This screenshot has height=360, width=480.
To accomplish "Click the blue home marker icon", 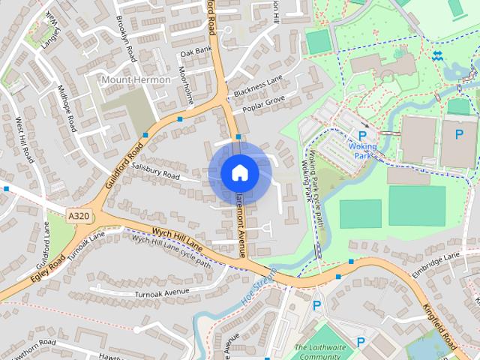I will pyautogui.click(x=239, y=173).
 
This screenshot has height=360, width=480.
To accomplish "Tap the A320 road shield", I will pyautogui.click(x=78, y=216).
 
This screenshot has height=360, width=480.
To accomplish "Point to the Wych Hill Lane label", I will pyautogui.click(x=178, y=237).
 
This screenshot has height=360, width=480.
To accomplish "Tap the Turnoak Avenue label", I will pyautogui.click(x=163, y=292).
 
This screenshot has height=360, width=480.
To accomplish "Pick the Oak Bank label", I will pyautogui.click(x=196, y=52).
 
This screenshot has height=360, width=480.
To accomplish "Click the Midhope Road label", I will pyautogui.click(x=67, y=109).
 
